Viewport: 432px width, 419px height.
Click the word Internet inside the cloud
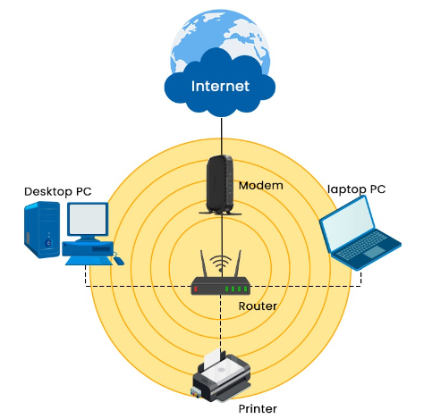[219, 87]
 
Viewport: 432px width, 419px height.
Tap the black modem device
[219, 185]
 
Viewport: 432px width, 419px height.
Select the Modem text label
[261, 186]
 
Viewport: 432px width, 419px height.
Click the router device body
[221, 288]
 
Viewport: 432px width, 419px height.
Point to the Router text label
[258, 306]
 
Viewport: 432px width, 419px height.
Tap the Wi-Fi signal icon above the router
[221, 265]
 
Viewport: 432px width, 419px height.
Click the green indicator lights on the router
[235, 289]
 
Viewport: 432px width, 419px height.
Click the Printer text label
[258, 409]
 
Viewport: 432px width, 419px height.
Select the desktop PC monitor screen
[88, 222]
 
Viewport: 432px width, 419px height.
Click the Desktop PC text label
[57, 191]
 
